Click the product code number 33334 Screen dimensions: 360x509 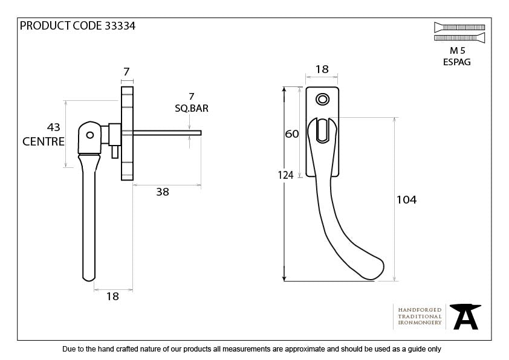(x=118, y=25)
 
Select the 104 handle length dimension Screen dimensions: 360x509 (x=406, y=200)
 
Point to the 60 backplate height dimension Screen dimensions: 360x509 (x=292, y=134)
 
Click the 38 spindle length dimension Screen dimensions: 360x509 (x=162, y=192)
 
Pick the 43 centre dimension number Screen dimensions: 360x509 (x=54, y=127)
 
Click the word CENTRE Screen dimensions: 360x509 (x=44, y=142)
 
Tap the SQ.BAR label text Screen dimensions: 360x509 (x=191, y=109)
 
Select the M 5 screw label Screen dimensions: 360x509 (x=456, y=51)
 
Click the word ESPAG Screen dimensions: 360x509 (x=456, y=62)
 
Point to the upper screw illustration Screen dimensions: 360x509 (x=459, y=27)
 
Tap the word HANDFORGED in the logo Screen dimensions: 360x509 (x=420, y=309)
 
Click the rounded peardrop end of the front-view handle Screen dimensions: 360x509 (x=372, y=269)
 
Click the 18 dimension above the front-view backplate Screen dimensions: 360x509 (x=322, y=69)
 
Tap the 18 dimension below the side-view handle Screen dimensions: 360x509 (x=112, y=297)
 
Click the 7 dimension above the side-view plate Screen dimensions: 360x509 (x=126, y=72)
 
